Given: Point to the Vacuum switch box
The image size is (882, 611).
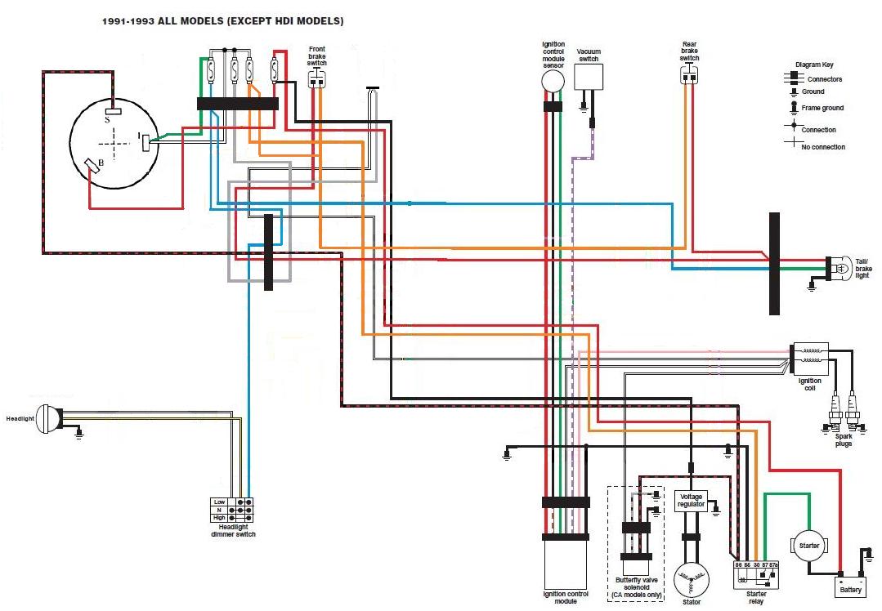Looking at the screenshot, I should click(x=588, y=77).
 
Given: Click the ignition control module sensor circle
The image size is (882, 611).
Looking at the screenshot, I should click(x=553, y=81).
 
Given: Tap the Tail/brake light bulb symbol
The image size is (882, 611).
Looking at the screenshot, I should click(x=838, y=268).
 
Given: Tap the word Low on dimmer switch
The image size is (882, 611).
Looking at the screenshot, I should click(x=219, y=502).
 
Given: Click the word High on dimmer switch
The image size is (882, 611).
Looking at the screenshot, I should click(x=219, y=518).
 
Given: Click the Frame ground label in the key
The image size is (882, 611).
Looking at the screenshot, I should click(x=822, y=108).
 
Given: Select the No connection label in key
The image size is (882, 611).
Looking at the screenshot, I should click(x=823, y=147).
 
